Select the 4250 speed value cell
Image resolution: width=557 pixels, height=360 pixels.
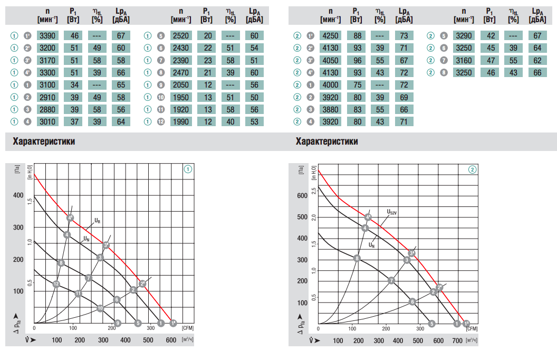(x=331, y=36)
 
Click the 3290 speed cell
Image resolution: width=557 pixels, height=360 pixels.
(x=464, y=36)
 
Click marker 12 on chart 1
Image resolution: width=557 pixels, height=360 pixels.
(x=56, y=284)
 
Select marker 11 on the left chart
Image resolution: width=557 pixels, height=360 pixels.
(x=78, y=293)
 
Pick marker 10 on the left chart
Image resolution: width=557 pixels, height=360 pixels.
(x=100, y=308)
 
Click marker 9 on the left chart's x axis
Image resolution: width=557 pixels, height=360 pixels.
(x=118, y=323)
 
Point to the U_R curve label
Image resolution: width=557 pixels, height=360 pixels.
(x=98, y=220)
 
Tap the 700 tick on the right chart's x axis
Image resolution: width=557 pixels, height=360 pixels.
(x=457, y=340)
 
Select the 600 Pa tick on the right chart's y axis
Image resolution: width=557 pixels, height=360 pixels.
(x=301, y=196)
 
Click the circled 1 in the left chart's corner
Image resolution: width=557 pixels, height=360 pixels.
(x=187, y=169)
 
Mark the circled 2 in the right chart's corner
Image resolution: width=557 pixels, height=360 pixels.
(x=472, y=169)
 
